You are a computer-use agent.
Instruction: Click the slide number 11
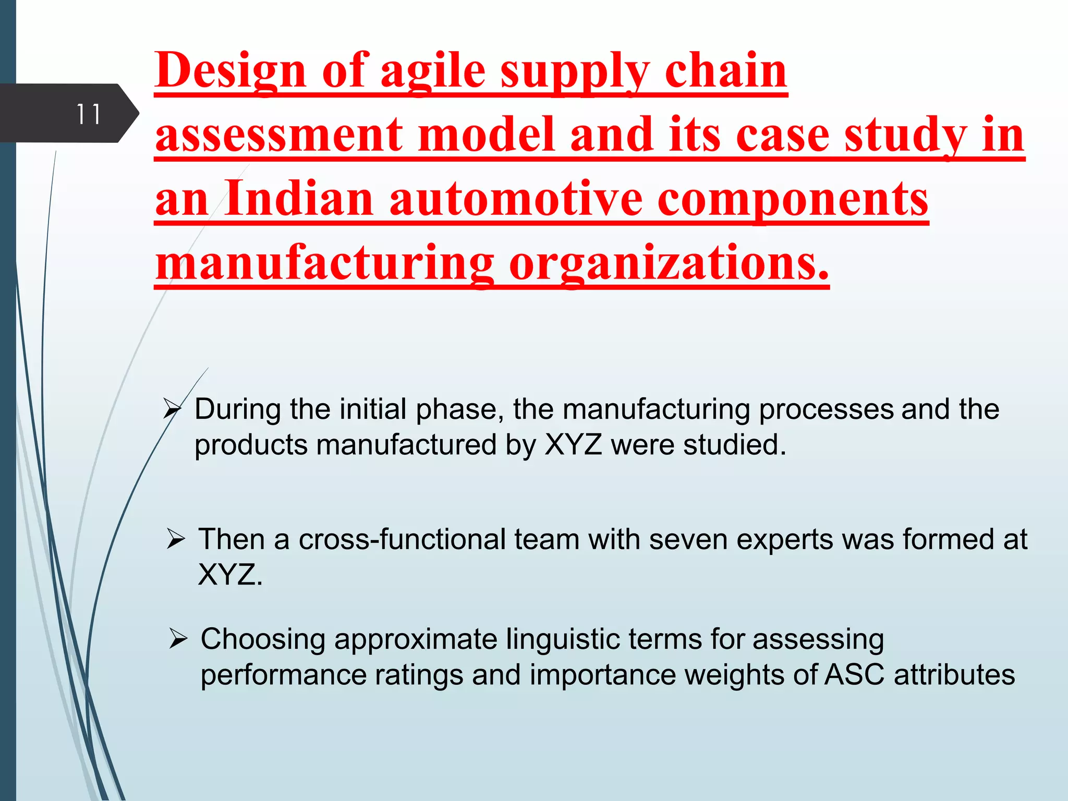88,114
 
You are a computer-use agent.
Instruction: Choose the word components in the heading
793,199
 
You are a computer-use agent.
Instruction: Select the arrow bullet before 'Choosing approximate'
178,639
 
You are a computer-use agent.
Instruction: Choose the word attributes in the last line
954,675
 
